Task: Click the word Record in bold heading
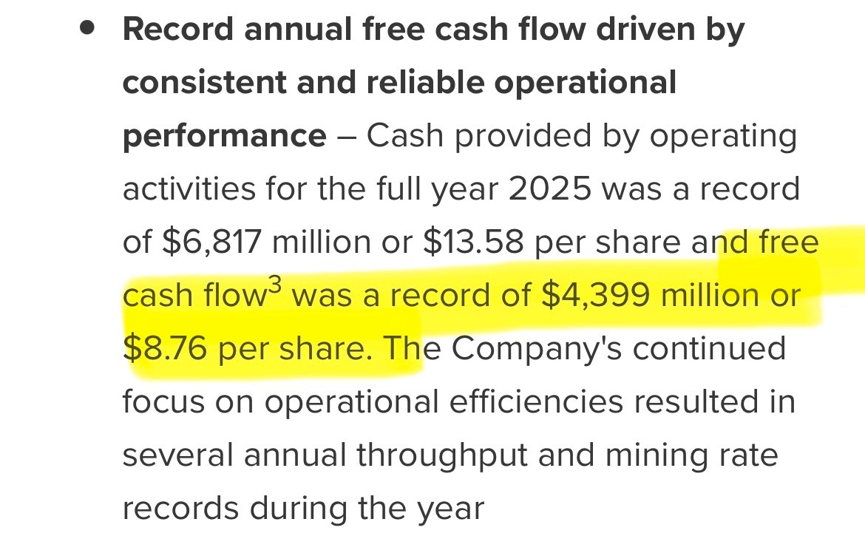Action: pos(178,30)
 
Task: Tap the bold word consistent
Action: pos(204,83)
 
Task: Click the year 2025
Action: pos(549,189)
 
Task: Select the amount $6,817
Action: pos(211,242)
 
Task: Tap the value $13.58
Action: pos(473,242)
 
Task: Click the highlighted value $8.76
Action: pos(165,348)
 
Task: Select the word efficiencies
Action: pos(536,401)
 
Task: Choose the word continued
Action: pos(710,348)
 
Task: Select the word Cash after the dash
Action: pos(405,135)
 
